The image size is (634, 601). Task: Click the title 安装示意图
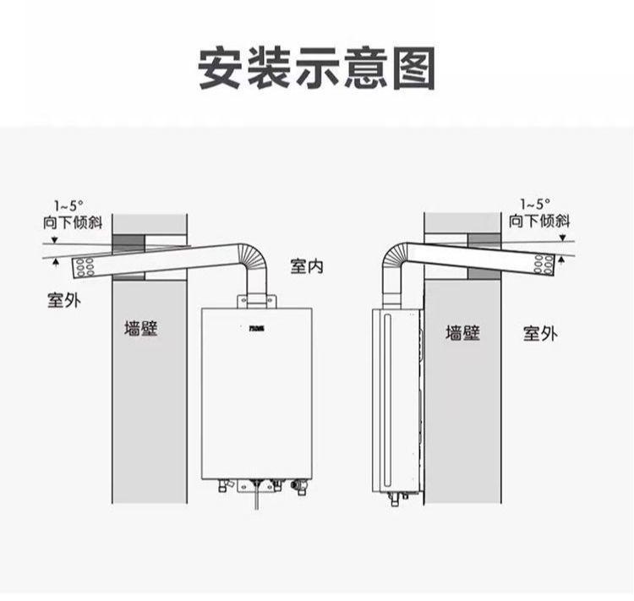pos(317,68)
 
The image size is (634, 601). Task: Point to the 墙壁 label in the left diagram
pos(141,328)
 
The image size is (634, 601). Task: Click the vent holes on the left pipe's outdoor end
pos(85,267)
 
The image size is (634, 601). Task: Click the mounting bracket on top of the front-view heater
pos(256,300)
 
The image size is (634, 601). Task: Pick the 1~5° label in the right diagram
pos(534,205)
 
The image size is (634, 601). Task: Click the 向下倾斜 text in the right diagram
pos(539,221)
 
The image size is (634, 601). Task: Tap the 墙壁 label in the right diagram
pos(462,332)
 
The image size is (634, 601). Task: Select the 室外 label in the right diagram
pos(539,333)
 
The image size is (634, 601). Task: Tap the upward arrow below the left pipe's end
pos(56,265)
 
